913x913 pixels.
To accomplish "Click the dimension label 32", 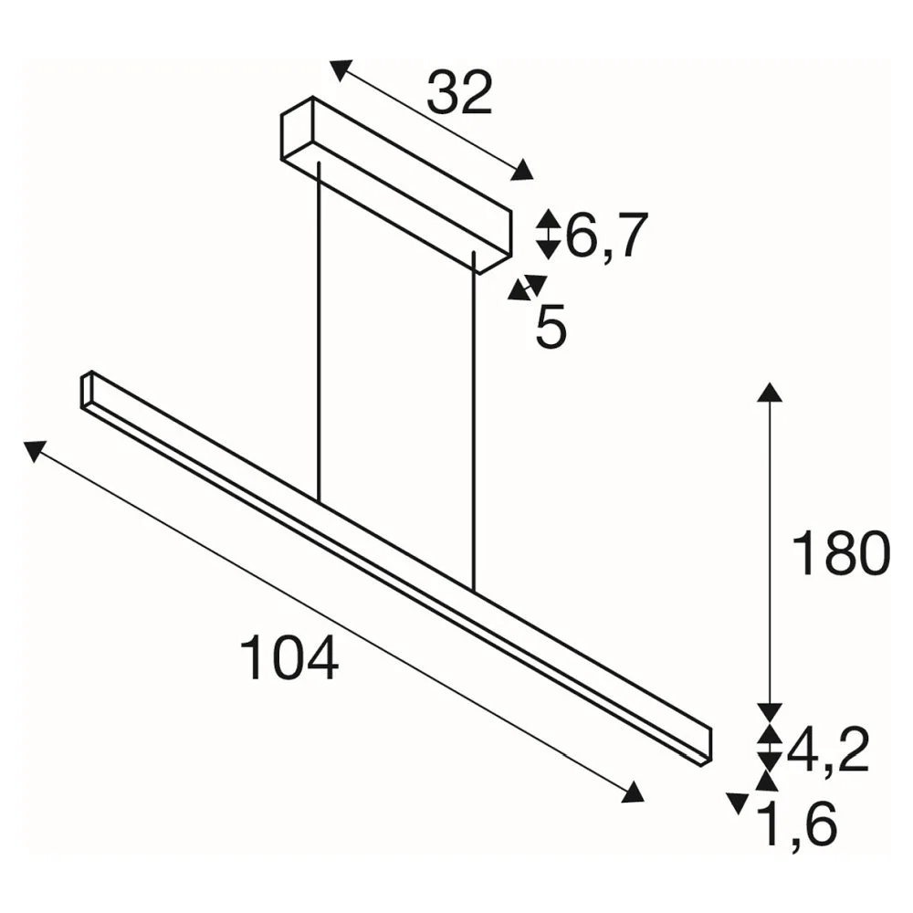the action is tap(459, 92).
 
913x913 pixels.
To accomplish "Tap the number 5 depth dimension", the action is tap(551, 329).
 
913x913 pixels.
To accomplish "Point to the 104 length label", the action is tap(289, 657).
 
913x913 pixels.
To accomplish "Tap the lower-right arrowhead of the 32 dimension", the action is tap(521, 170).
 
